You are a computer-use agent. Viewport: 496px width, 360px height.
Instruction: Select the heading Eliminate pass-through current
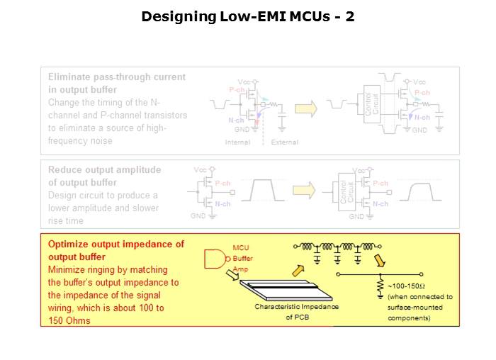(x=116, y=77)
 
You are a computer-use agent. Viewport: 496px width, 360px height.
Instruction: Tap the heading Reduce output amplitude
(x=104, y=170)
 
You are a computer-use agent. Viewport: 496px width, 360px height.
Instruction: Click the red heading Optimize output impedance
(x=115, y=244)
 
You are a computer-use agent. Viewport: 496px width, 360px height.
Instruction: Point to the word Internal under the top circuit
(x=237, y=142)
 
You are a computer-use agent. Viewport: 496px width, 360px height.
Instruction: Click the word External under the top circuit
(x=285, y=142)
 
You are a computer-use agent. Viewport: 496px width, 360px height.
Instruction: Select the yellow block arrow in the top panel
(x=306, y=108)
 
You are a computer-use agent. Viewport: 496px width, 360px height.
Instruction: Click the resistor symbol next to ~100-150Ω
(x=381, y=286)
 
